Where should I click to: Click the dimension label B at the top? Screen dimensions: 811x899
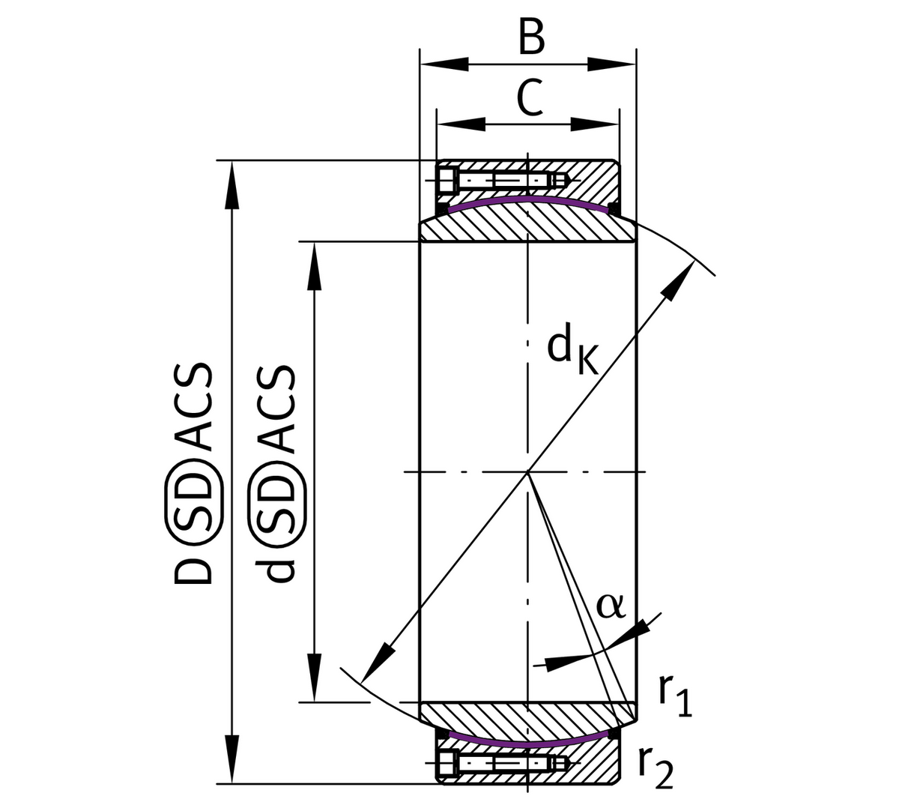(x=530, y=37)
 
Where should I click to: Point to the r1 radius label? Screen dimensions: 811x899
(x=675, y=697)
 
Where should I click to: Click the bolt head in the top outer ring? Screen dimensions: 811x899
(x=447, y=181)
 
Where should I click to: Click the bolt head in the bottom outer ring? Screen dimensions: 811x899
(x=447, y=764)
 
